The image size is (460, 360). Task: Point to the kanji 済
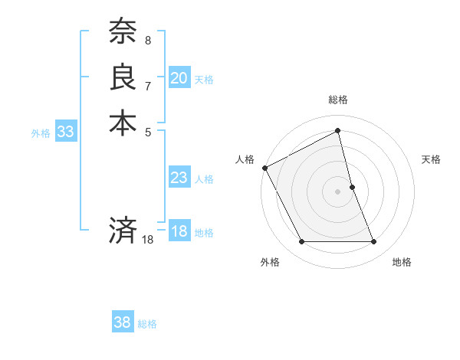123,231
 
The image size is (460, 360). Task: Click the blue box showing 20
179,78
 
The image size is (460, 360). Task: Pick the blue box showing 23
179,178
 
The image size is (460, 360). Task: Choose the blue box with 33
65,132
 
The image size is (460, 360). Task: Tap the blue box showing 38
123,323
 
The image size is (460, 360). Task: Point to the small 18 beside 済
148,240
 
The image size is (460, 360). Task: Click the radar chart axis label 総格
338,100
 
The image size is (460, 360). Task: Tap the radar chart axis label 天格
432,159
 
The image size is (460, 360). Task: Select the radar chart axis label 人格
245,159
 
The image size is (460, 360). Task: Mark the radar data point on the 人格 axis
264,168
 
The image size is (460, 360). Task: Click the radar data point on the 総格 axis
338,131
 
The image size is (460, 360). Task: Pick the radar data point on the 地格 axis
373,242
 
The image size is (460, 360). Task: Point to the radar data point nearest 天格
352,187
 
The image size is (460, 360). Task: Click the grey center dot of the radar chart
338,191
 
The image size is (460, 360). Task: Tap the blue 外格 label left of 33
41,133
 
